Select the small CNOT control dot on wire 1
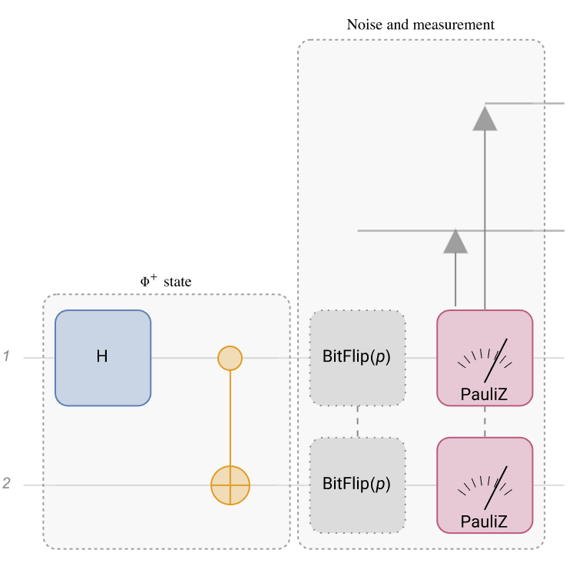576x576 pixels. [x=230, y=358]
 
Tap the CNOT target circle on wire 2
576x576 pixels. [x=230, y=485]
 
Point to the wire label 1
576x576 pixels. [x=6, y=356]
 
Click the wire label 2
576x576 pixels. [x=6, y=484]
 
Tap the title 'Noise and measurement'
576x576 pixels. [x=421, y=25]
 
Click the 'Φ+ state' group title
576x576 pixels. [x=166, y=282]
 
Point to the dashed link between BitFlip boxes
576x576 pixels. [x=358, y=422]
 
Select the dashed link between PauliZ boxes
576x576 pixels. [x=485, y=422]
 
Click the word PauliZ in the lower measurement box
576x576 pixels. [x=484, y=522]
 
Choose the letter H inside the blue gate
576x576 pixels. [x=102, y=357]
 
